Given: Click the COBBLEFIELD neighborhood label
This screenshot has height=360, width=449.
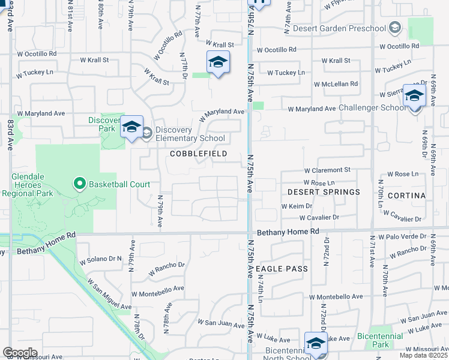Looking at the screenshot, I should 198,154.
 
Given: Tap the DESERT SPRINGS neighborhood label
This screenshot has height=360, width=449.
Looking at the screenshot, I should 324,192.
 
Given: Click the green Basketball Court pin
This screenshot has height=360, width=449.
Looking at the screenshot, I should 79,183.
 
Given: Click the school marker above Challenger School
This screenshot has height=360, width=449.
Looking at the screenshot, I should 414,96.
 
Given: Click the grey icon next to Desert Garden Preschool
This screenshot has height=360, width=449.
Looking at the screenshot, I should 394,28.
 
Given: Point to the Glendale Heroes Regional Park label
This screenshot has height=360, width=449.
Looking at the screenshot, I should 32,185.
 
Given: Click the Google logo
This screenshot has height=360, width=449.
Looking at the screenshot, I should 20,353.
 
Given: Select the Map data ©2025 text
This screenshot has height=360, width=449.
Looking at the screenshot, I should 424,355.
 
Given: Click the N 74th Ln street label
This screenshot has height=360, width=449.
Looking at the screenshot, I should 261,289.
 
